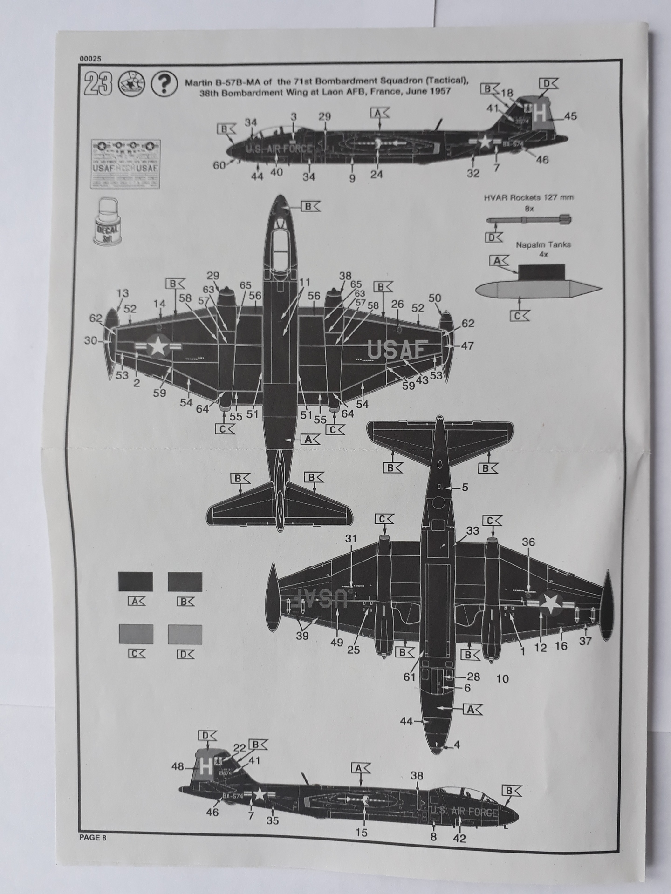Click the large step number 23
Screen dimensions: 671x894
(98, 85)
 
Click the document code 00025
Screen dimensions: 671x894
(90, 59)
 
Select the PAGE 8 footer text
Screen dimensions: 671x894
(93, 837)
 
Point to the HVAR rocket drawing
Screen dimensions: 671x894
(528, 220)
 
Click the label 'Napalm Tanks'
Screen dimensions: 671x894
(543, 244)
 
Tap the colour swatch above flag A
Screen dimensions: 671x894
(136, 582)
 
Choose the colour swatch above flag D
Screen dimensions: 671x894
(185, 635)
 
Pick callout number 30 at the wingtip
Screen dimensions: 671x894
(91, 341)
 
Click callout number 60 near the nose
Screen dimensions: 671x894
(219, 165)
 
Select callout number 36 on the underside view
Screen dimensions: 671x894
(528, 542)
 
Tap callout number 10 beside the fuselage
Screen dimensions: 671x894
(503, 679)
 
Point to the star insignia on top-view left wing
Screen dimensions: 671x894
(158, 346)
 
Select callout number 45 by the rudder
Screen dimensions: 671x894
(570, 116)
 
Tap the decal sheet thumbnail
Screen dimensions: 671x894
(125, 163)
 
